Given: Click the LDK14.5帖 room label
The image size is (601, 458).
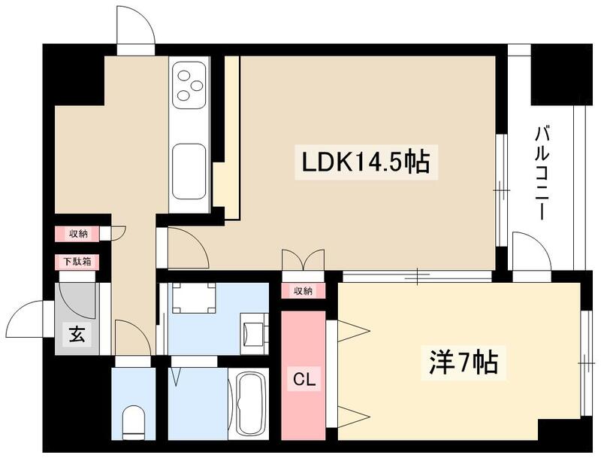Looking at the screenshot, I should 366,161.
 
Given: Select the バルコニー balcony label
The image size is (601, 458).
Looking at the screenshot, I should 541,174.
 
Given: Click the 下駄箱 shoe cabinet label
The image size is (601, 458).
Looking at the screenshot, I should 77,262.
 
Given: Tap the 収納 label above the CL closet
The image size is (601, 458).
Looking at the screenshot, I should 303,291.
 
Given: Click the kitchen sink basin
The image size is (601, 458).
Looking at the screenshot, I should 189,171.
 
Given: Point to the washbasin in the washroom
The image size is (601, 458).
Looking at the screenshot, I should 253,330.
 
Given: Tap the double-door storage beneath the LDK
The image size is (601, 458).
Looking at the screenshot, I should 303,260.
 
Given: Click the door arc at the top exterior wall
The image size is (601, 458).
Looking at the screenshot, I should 136,29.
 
